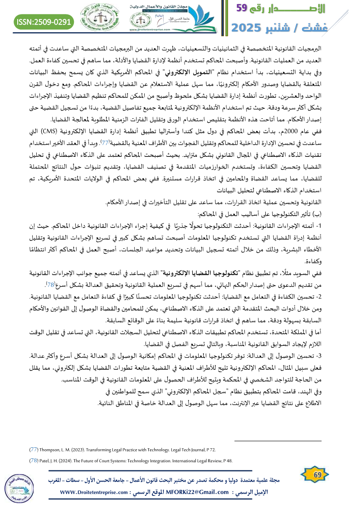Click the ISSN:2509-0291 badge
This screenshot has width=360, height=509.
pyautogui.click(x=44, y=21)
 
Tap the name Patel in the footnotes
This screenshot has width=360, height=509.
pyautogui.click(x=46, y=461)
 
